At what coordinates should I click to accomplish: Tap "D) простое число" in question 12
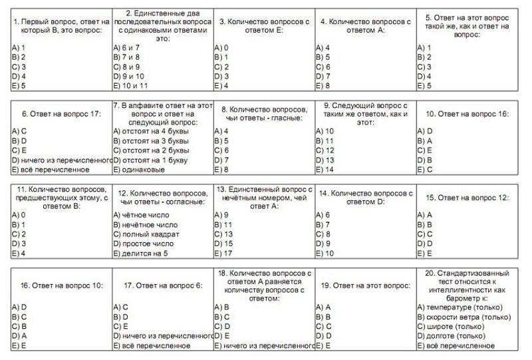pyautogui.click(x=144, y=244)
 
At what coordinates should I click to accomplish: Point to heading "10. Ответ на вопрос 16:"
pyautogui.click(x=467, y=114)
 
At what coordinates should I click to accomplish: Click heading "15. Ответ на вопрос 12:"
pyautogui.click(x=467, y=198)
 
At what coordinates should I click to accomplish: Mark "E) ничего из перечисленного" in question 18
pyautogui.click(x=264, y=346)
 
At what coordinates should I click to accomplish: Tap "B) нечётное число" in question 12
pyautogui.click(x=147, y=224)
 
